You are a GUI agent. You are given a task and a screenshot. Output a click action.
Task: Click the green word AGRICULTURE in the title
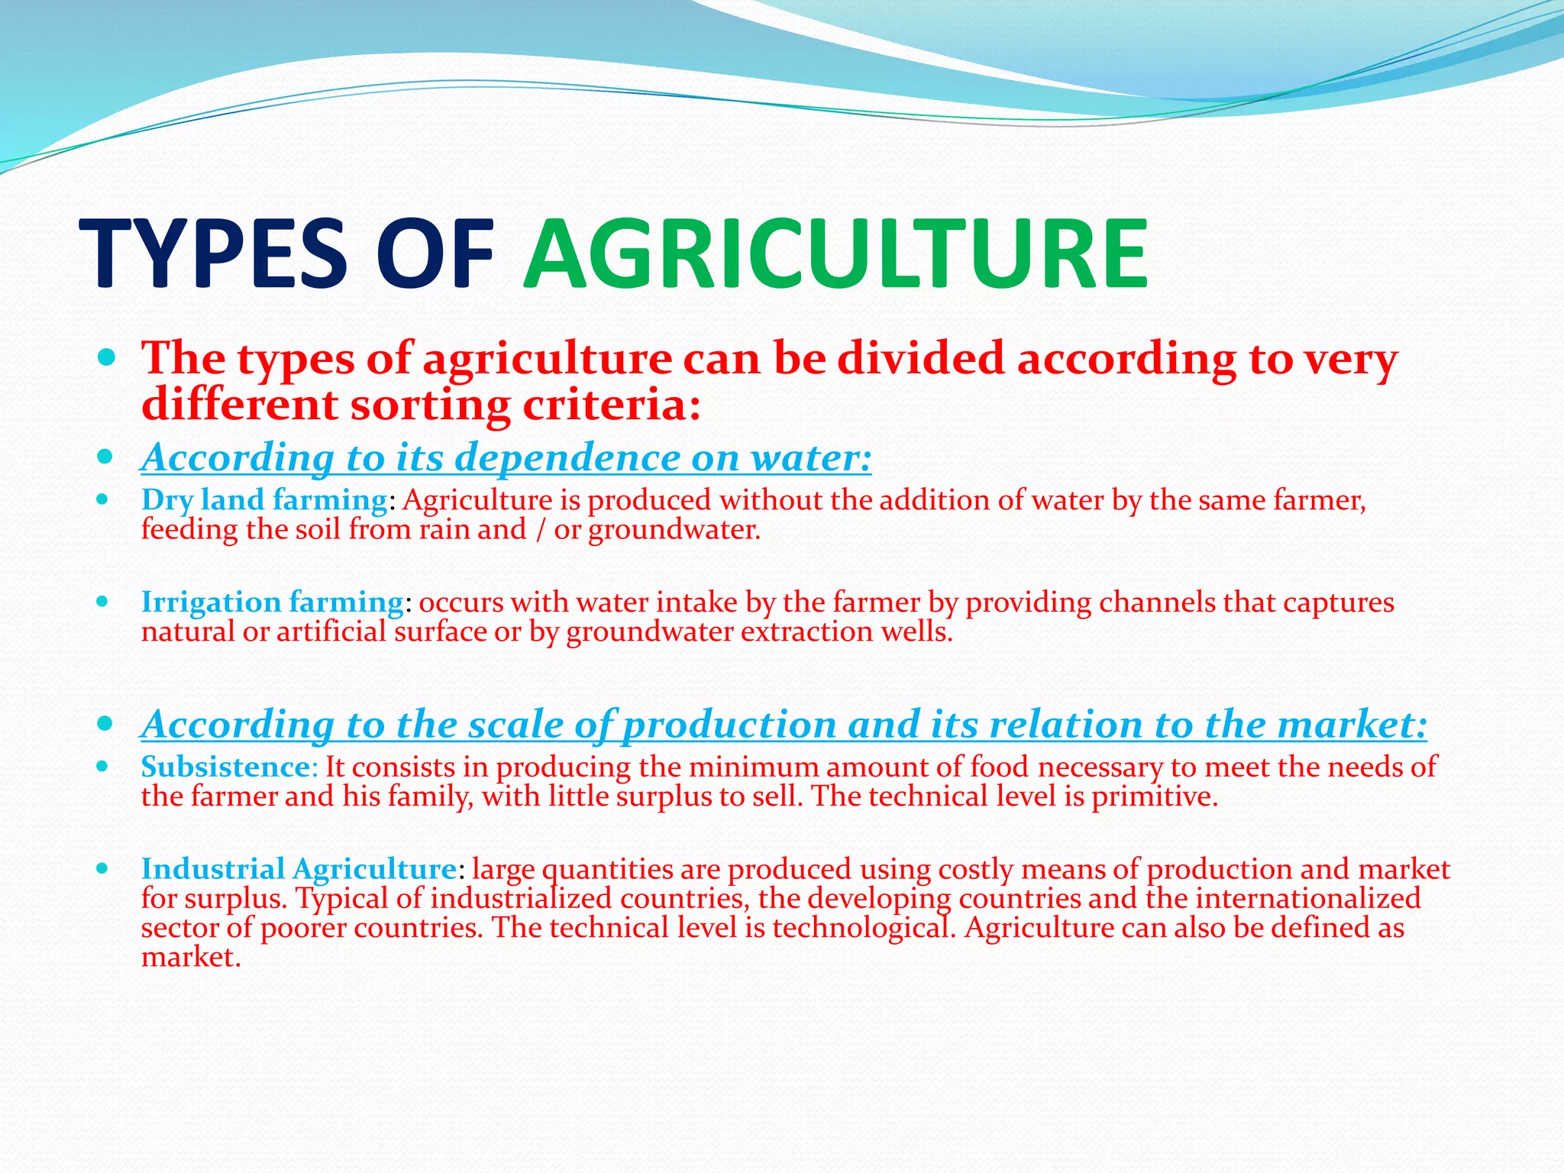click(x=835, y=254)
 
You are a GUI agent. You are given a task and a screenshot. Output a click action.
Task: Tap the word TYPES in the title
click(x=214, y=254)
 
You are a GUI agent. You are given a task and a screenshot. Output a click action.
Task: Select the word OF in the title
click(x=435, y=254)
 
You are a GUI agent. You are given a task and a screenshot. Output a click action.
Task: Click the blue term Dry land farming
click(x=264, y=500)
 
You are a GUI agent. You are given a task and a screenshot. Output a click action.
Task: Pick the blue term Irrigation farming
click(x=272, y=603)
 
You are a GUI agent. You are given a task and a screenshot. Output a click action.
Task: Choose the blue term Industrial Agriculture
click(x=299, y=869)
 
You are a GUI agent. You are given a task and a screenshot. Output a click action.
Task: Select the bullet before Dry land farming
click(x=103, y=500)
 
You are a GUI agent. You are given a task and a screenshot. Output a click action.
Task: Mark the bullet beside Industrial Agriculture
click(x=103, y=869)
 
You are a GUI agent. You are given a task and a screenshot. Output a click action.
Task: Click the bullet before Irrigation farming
click(x=103, y=602)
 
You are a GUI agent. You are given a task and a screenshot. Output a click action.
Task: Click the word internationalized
click(x=1307, y=899)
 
